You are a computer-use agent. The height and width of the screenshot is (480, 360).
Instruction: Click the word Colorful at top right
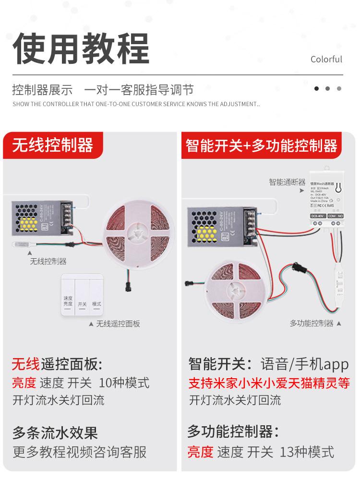pyautogui.click(x=326, y=60)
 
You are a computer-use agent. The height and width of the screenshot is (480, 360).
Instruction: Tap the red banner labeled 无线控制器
pyautogui.click(x=53, y=145)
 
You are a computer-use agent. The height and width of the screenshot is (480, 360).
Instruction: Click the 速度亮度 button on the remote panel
pyautogui.click(x=68, y=301)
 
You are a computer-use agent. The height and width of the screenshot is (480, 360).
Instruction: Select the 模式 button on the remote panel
pyautogui.click(x=96, y=304)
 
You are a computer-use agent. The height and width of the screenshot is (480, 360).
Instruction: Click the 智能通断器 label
pyautogui.click(x=287, y=182)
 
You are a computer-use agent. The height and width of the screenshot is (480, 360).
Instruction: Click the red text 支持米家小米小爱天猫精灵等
pyautogui.click(x=269, y=383)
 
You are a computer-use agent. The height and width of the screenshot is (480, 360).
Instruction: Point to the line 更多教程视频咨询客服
pyautogui.click(x=79, y=452)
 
